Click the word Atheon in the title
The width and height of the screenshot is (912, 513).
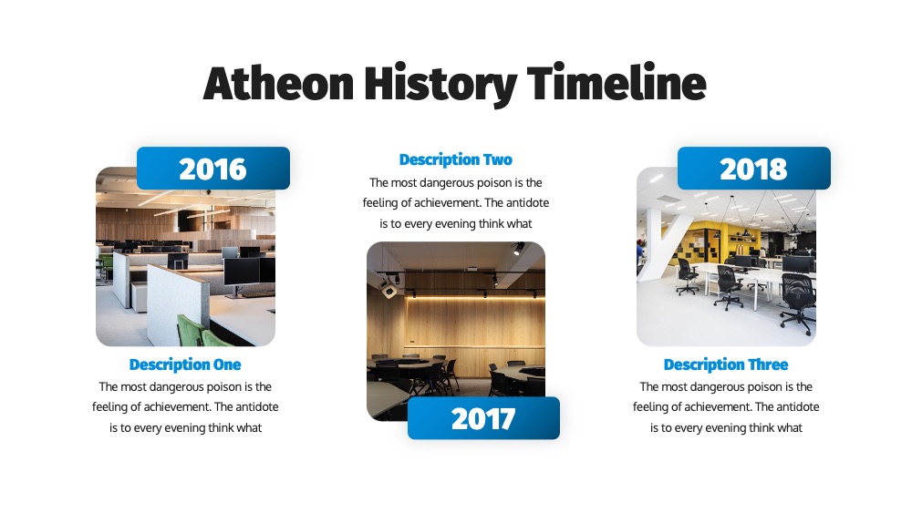278,83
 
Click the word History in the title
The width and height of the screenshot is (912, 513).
440,85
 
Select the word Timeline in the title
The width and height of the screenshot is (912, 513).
617,83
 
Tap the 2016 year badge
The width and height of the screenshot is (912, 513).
212,168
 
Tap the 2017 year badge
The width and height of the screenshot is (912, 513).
483,418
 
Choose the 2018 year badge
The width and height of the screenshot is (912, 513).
754,168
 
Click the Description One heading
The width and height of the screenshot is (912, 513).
185,364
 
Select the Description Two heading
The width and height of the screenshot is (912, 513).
455,159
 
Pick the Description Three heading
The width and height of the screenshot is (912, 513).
726,364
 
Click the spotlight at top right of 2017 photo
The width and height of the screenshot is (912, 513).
517,249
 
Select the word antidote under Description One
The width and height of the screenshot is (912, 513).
256,406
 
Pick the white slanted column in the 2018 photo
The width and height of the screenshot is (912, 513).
660,244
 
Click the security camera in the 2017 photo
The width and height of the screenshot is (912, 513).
389,289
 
